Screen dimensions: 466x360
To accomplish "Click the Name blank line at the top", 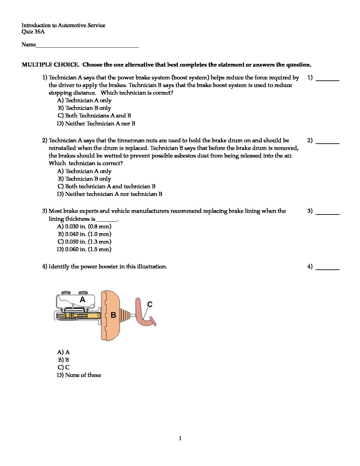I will pos(87,47).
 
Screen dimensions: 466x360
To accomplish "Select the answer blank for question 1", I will pos(327,80).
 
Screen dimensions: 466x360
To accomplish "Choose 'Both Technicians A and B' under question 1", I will pos(94,116).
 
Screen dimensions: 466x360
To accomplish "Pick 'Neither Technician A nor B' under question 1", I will pos(96,123).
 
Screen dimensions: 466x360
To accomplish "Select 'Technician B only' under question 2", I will pos(85,179).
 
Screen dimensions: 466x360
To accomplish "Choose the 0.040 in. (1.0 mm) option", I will pos(85,234).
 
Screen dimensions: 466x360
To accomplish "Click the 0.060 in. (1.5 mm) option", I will pos(84,249).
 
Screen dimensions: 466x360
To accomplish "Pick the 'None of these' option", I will pos(79,375).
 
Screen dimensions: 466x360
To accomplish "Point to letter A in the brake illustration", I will pos(82,300).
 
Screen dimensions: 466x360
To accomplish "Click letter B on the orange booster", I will pos(113,315).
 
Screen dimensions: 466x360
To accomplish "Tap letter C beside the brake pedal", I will pos(150,304).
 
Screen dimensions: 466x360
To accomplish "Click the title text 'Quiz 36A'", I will pos(33,32).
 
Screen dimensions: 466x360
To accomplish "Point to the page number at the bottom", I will pos(180,439).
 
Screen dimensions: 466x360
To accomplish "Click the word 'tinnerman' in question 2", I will pos(131,140).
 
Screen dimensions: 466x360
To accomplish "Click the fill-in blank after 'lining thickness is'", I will pos(107,220).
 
